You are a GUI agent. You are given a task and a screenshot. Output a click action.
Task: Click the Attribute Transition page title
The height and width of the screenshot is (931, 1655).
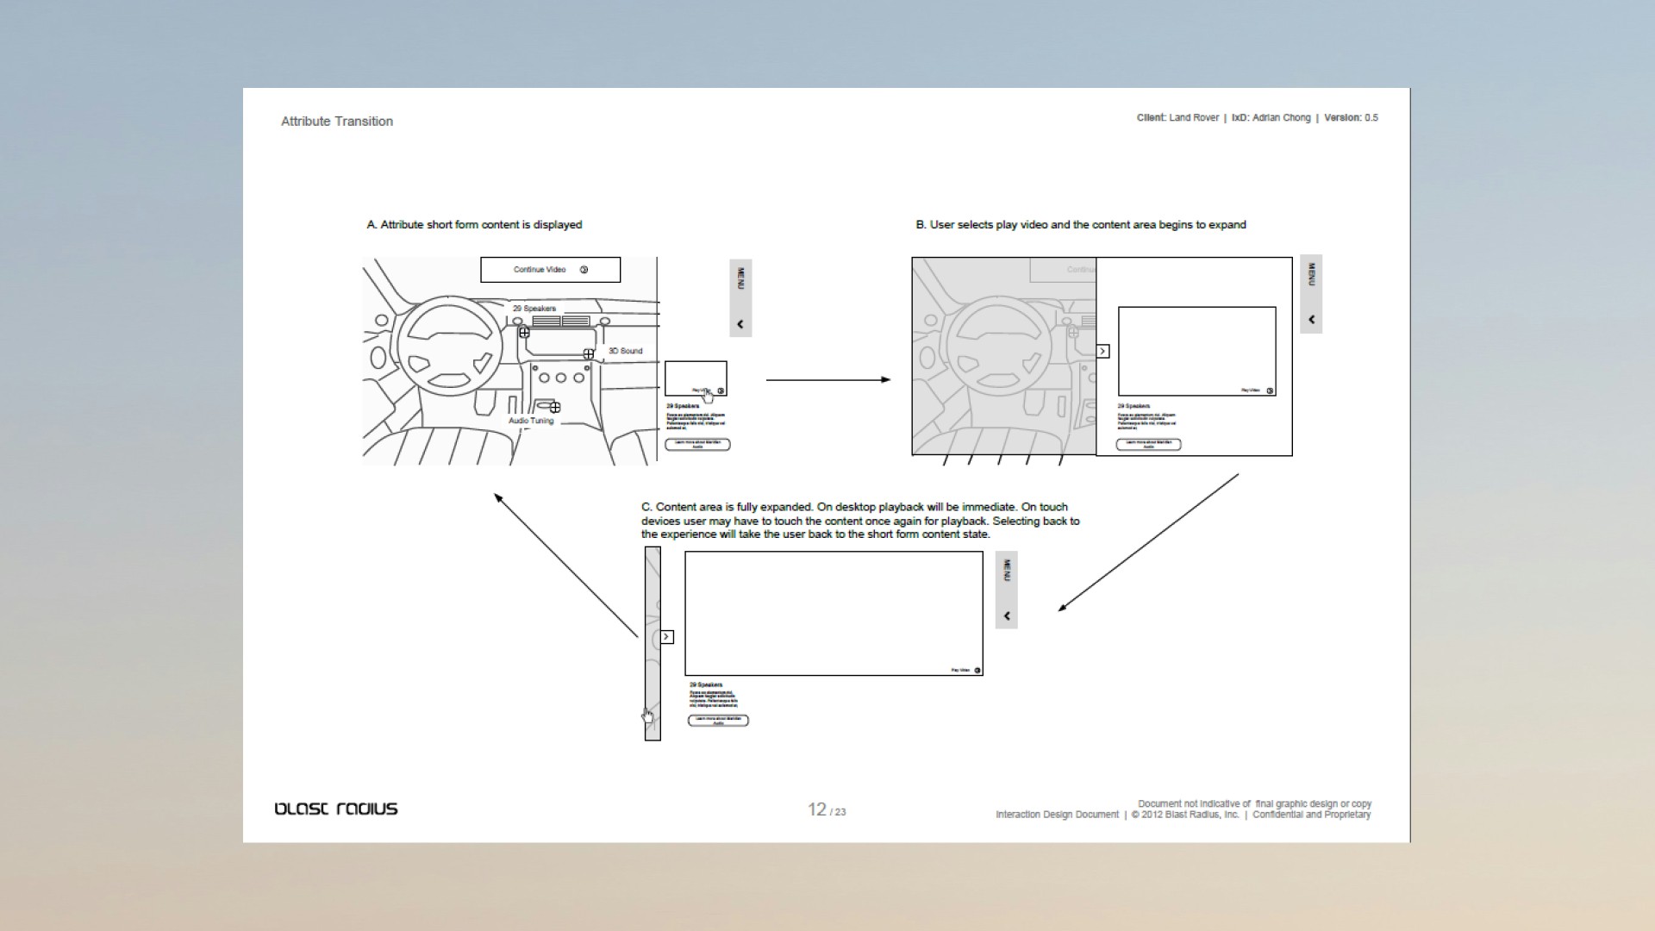[x=337, y=122]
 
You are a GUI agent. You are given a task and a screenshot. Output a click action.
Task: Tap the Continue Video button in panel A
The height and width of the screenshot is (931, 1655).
[x=550, y=270]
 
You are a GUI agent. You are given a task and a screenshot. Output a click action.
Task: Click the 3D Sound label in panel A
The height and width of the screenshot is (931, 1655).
[x=625, y=351]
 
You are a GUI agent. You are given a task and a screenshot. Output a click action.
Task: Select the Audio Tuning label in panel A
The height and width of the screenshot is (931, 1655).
[x=531, y=421]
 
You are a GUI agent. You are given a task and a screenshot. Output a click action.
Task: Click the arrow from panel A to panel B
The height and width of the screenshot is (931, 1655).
[x=827, y=379]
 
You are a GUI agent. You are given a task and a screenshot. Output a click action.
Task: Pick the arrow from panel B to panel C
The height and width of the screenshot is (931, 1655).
[x=1149, y=542]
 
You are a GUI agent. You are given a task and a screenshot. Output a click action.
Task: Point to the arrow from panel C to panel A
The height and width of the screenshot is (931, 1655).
[x=565, y=565]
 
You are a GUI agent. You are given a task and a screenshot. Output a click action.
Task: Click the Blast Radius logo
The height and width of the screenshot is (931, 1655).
[x=336, y=809]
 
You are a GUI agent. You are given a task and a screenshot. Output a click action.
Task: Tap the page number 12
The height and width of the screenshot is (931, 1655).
[x=817, y=809]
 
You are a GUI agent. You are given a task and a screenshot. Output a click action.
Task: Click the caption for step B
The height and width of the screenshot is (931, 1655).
[x=1080, y=225]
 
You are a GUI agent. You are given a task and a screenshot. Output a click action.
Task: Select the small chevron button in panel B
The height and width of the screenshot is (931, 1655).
[x=1102, y=351]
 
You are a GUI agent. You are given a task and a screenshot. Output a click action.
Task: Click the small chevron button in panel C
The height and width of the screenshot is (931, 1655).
[x=666, y=637]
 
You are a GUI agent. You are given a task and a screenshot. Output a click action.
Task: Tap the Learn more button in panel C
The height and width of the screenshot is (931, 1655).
[x=718, y=721]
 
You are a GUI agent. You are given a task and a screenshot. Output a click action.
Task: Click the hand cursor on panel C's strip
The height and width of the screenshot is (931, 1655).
[x=647, y=716]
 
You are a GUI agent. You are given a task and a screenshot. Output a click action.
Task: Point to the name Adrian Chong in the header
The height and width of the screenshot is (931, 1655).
[x=1281, y=118]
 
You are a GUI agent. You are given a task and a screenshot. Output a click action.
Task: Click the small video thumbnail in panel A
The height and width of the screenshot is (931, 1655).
[x=696, y=378]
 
